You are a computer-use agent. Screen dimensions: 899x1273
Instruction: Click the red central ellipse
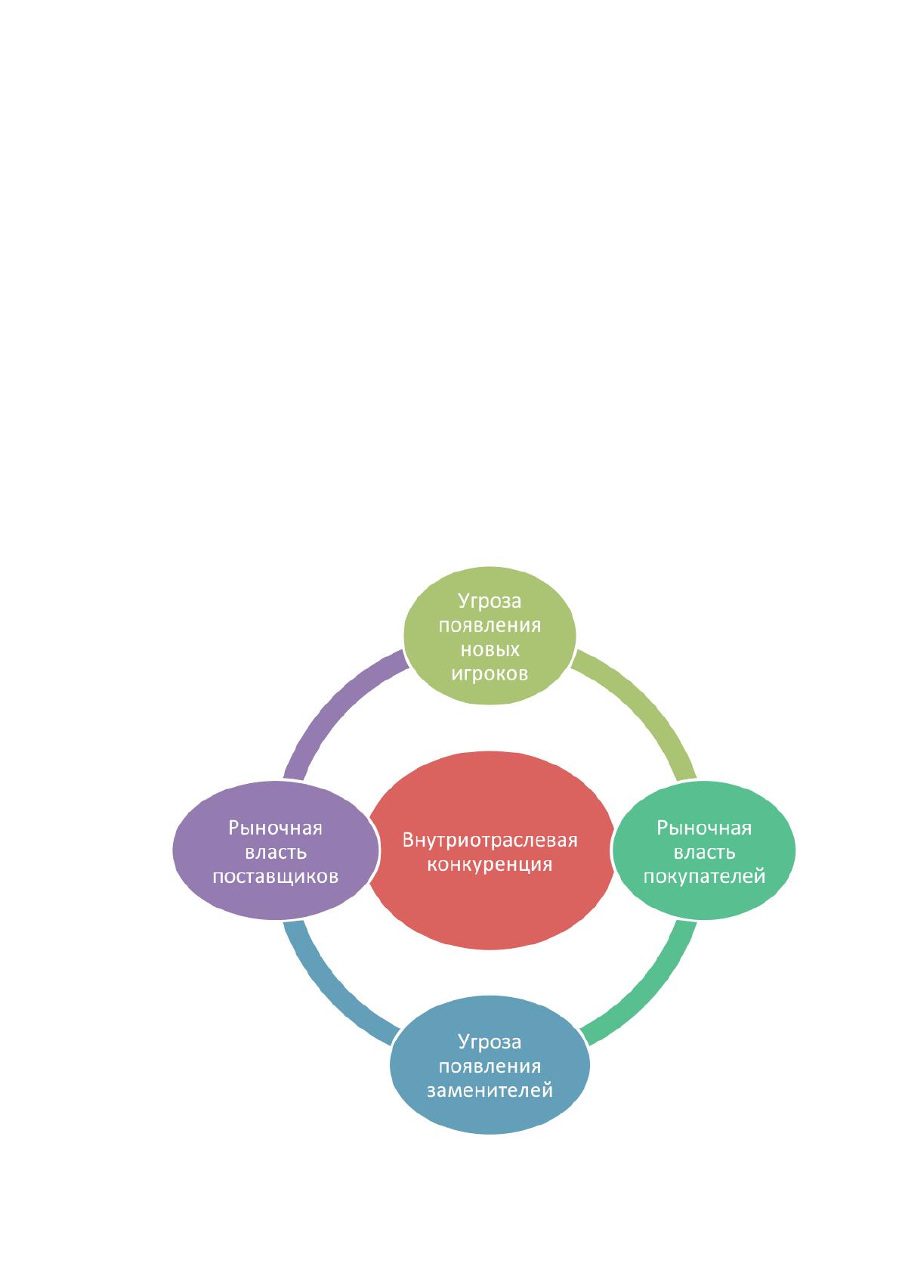(x=491, y=850)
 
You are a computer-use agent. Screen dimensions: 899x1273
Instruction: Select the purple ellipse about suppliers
(x=276, y=850)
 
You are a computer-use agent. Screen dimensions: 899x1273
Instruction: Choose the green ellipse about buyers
(x=703, y=850)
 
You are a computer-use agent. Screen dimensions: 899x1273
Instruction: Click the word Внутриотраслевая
(x=490, y=840)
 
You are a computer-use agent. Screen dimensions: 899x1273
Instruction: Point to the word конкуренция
(x=490, y=864)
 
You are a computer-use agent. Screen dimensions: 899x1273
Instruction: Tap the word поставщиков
(x=276, y=876)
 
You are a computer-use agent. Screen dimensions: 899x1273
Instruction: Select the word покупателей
(x=704, y=876)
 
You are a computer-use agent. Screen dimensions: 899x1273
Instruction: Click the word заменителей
(x=490, y=1091)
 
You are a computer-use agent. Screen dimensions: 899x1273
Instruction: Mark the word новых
(x=490, y=649)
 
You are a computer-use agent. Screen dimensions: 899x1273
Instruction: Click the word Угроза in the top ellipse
(x=490, y=601)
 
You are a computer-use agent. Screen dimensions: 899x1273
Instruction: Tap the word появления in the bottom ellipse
(x=490, y=1067)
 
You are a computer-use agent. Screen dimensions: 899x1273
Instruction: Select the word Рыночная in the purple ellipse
(x=276, y=828)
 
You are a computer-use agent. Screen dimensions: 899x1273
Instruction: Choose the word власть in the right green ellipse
(x=704, y=853)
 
